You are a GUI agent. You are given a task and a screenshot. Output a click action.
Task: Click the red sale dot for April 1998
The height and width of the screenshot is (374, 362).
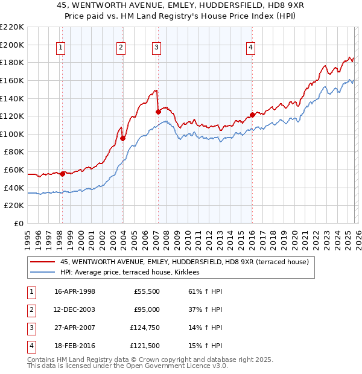[x=62, y=174]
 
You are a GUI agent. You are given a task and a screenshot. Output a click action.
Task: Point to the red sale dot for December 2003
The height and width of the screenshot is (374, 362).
[x=122, y=138]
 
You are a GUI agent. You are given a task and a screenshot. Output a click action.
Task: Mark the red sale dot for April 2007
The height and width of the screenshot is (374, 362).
[x=158, y=112]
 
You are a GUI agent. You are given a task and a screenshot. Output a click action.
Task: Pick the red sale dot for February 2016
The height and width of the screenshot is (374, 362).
[x=252, y=115]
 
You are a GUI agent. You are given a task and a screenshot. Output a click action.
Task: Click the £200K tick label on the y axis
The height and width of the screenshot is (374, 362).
[x=12, y=45]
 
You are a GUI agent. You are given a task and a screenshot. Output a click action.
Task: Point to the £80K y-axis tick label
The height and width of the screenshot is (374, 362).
[x=14, y=152]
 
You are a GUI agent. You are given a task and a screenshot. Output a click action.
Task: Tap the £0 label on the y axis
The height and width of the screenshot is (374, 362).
[x=19, y=224]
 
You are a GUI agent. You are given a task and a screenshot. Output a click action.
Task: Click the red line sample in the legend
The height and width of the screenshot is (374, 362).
[x=42, y=262]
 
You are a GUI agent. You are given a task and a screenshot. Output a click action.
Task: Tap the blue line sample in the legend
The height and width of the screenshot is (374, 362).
[x=42, y=272]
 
